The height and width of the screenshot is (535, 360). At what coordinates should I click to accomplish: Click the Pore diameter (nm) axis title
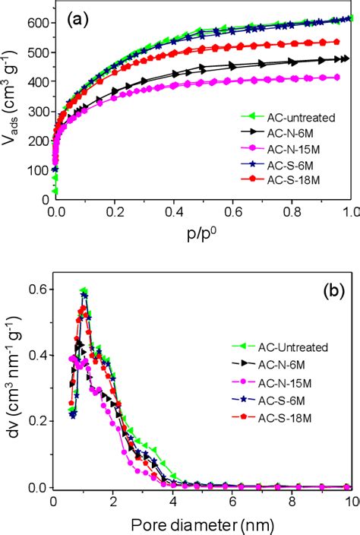click(201, 522)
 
